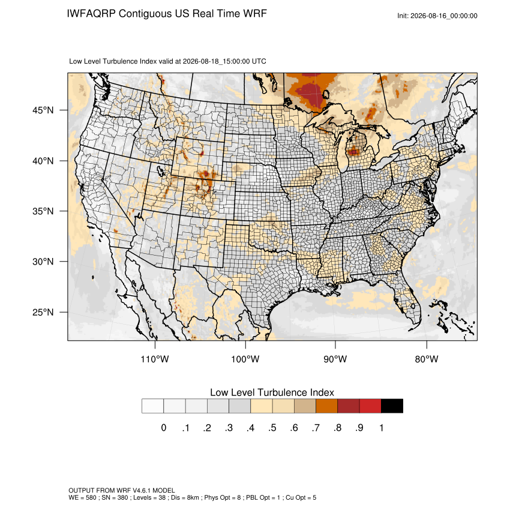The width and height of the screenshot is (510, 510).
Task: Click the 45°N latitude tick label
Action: point(43,110)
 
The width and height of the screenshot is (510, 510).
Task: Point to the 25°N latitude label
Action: point(43,312)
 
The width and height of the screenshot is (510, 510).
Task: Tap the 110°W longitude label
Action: point(155,359)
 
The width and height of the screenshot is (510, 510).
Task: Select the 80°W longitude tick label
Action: point(427,359)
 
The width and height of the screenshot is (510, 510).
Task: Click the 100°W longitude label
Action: point(245,359)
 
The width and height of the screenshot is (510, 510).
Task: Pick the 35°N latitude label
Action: point(43,211)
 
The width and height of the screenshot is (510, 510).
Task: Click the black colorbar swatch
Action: point(392,406)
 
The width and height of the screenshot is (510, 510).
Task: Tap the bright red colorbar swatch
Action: point(370,406)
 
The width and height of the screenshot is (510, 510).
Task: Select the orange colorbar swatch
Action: point(326,406)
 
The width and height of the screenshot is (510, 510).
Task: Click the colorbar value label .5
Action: point(272,428)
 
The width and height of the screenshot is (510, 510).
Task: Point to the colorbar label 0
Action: point(164,428)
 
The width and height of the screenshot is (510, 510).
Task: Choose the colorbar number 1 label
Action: point(381,428)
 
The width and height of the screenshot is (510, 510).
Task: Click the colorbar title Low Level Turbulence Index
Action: point(272,392)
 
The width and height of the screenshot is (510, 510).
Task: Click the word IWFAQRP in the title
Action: point(91,14)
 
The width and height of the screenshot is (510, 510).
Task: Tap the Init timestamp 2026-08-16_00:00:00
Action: point(443,16)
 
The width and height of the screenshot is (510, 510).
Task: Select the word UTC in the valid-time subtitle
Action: point(259,61)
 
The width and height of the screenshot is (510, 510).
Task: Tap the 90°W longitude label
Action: point(335,359)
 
